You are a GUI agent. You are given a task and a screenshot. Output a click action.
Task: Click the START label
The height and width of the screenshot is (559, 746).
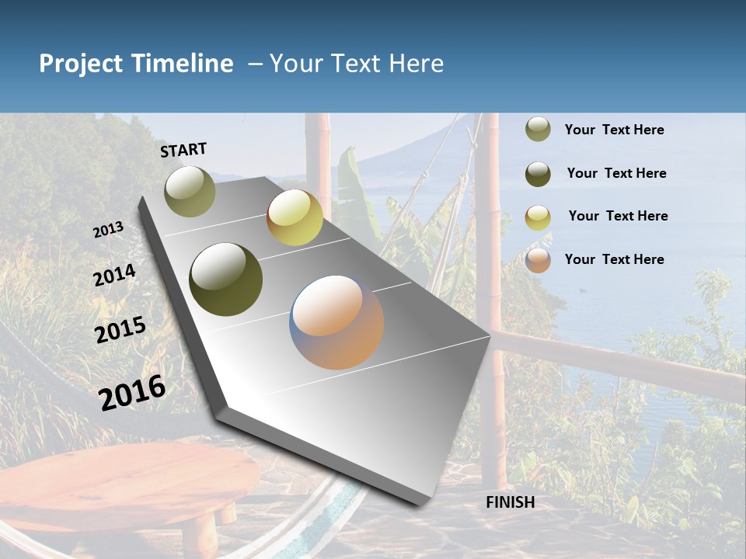click(183, 150)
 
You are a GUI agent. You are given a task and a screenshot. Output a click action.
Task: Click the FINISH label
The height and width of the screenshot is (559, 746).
click(510, 502)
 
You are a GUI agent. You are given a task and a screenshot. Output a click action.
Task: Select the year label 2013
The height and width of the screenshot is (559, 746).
click(108, 230)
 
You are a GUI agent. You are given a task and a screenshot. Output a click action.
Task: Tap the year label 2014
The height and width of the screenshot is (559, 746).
click(114, 276)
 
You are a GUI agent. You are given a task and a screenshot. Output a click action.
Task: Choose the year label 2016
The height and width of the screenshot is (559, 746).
click(132, 392)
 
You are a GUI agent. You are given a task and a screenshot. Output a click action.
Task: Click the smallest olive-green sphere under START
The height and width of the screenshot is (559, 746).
click(190, 191)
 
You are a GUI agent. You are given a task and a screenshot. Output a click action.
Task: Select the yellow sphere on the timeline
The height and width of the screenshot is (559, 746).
click(295, 217)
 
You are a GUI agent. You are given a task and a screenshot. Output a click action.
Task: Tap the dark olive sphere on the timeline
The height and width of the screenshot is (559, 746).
click(225, 279)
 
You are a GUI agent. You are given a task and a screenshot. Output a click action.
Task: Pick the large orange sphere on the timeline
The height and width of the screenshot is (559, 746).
click(336, 321)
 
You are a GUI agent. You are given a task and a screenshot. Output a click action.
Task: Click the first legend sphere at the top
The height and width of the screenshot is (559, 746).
click(538, 130)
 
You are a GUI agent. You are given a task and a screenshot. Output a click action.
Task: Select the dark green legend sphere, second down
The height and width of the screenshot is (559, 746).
click(538, 173)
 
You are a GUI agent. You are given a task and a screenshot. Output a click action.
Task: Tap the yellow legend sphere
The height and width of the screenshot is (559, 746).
click(538, 217)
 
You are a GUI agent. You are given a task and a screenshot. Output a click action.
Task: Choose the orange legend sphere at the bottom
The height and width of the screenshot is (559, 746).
click(538, 260)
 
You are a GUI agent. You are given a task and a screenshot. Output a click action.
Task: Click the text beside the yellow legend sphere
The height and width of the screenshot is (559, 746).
click(618, 216)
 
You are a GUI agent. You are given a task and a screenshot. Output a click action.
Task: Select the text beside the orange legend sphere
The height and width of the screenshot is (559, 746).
click(614, 259)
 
